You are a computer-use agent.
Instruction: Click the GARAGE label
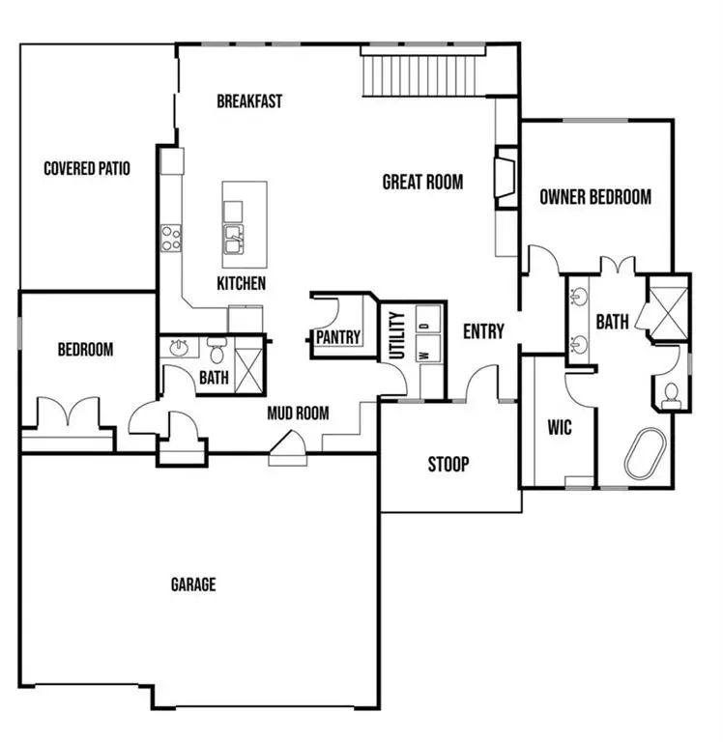pos(193,585)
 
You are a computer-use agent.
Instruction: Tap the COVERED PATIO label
pos(87,168)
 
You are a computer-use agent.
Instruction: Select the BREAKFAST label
pos(249,100)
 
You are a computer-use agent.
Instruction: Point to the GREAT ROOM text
pos(422,182)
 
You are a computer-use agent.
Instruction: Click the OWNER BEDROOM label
pos(594,197)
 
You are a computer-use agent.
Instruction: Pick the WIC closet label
pos(560,426)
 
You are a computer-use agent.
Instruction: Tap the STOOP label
pos(448,465)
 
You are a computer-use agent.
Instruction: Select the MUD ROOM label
pos(298,414)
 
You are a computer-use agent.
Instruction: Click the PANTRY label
pos(338,337)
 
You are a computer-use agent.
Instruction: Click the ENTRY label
pos(483,331)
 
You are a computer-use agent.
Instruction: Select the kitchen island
pos(245,224)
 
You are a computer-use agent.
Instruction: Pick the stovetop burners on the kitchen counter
pos(171,238)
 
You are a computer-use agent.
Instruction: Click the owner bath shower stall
pos(667,309)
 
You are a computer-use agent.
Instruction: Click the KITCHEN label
pos(241,284)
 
